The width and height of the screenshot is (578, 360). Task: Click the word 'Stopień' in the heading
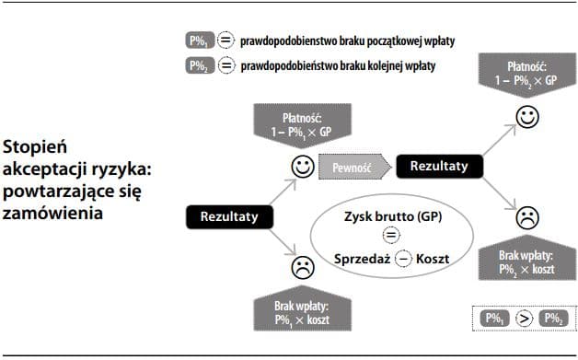(31, 147)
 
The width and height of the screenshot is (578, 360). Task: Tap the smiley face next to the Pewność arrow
(302, 167)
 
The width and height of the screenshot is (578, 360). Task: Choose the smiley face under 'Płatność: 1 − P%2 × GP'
(526, 118)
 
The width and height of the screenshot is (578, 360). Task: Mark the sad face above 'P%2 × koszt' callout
(526, 219)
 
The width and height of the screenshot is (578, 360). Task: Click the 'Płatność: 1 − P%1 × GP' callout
(301, 124)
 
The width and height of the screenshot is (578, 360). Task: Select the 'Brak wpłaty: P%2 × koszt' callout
(526, 261)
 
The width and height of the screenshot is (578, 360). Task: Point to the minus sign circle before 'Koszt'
(403, 259)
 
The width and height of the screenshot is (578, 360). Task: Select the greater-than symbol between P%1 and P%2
(525, 319)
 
